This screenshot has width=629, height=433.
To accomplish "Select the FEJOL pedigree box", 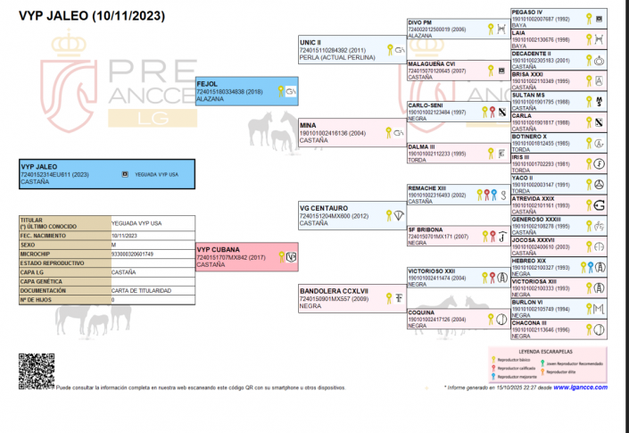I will [246, 91].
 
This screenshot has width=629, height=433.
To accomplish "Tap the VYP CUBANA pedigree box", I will [246, 257].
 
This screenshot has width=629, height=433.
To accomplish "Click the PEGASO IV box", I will [558, 18].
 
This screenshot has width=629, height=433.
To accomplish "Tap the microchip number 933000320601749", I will [132, 254].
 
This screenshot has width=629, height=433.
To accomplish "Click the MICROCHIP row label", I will [36, 254].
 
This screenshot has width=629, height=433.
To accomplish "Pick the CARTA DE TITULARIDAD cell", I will [141, 290].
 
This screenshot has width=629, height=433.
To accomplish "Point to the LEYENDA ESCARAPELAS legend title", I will [549, 354].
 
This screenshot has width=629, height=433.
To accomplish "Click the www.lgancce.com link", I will [580, 387].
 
